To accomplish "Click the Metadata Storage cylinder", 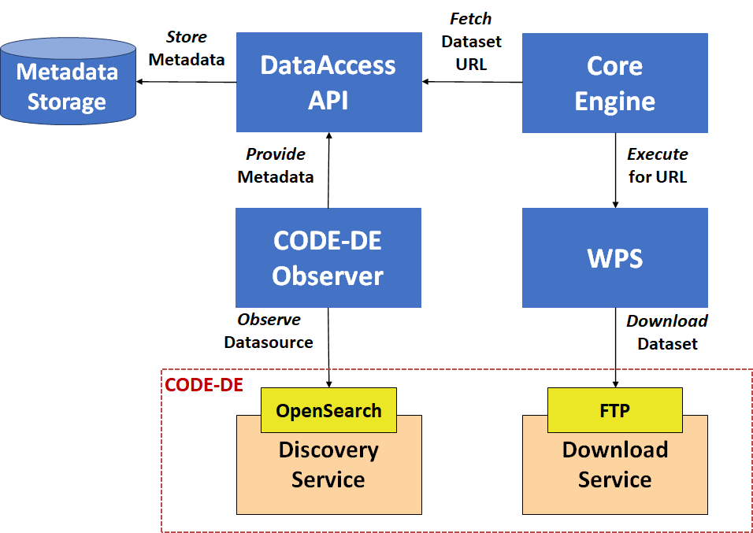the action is click(69, 81).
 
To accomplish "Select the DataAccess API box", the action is click(329, 82).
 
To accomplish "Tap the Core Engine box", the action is click(614, 83).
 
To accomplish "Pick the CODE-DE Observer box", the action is click(328, 257).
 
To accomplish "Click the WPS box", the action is click(614, 257).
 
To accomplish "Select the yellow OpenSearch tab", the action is click(329, 410).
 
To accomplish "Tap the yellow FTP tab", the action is click(614, 410).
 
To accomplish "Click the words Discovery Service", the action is click(328, 465).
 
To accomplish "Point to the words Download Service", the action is click(614, 465).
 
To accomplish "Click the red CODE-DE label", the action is click(204, 385).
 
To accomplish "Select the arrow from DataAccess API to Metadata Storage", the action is click(187, 82).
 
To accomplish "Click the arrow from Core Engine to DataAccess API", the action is click(472, 82).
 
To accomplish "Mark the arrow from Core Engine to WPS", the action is click(615, 171).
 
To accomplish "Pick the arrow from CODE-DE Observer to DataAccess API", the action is click(328, 170).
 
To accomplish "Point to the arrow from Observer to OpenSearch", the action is click(328, 348).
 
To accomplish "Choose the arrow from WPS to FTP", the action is click(615, 348).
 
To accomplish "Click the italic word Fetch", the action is click(471, 19).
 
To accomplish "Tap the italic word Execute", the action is click(658, 154).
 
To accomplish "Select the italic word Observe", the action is click(269, 320).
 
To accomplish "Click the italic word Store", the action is click(187, 37).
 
